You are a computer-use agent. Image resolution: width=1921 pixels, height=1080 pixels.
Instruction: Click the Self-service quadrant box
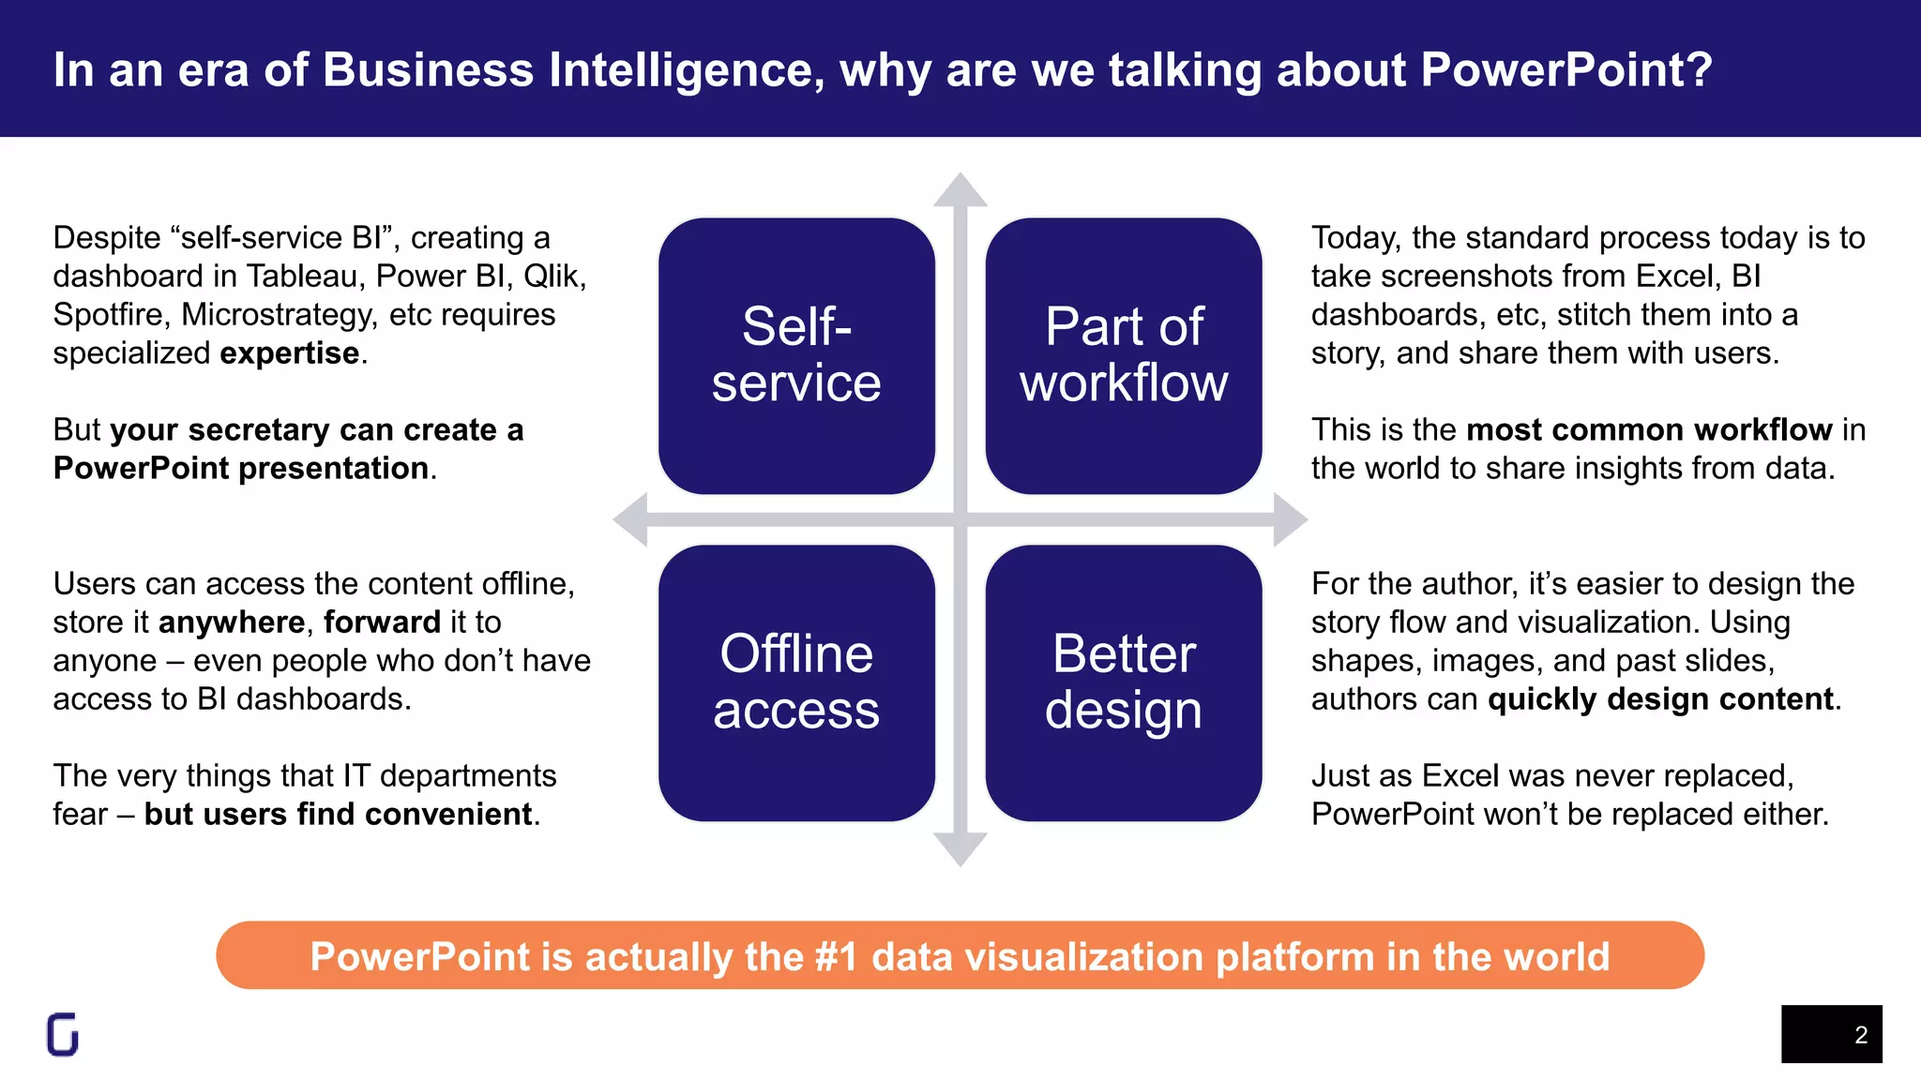(796, 355)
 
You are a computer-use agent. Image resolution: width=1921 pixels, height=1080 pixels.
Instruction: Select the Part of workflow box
(1124, 355)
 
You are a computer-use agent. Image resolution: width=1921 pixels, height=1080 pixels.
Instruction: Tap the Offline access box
(796, 682)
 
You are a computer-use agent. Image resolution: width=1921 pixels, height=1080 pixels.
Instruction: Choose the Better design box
(1124, 682)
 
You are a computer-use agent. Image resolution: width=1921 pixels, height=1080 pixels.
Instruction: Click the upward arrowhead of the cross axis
(960, 191)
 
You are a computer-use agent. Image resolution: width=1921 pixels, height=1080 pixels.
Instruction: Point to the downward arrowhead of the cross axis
(960, 848)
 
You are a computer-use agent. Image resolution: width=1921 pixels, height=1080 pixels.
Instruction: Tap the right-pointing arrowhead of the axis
(1290, 519)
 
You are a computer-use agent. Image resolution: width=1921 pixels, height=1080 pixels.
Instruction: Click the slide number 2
(1861, 1035)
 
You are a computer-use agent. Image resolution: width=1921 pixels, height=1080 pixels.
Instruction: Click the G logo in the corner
(63, 1035)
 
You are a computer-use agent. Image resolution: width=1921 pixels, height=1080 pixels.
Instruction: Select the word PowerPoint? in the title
(1566, 70)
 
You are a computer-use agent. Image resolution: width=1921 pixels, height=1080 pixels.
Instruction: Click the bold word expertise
(289, 353)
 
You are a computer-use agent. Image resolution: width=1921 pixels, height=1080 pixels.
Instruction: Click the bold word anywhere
(232, 622)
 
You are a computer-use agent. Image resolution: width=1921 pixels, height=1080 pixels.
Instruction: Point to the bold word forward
(382, 622)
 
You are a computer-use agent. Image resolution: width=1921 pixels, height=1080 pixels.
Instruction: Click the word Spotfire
(111, 315)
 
